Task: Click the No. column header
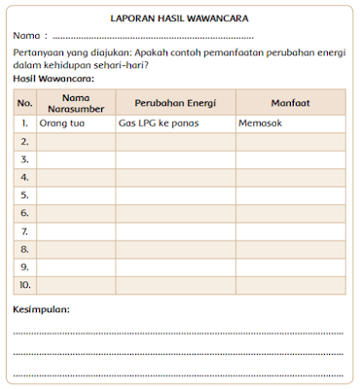(25, 102)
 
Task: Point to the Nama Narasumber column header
(75, 102)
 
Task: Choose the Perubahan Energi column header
(174, 102)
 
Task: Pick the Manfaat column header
(289, 102)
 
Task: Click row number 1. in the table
(25, 124)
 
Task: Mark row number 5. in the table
(25, 195)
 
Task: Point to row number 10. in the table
(25, 284)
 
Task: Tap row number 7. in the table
(25, 230)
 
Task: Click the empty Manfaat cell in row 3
(289, 159)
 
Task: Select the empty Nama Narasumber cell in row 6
(75, 213)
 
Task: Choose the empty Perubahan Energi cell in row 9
(174, 266)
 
